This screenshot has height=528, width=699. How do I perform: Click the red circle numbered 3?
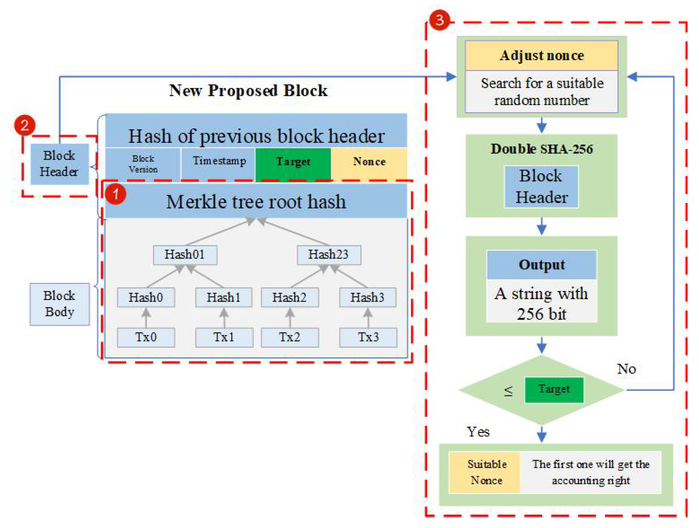click(x=440, y=20)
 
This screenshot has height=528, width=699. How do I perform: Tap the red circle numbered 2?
click(x=25, y=125)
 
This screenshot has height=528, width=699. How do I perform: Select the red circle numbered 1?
click(x=116, y=194)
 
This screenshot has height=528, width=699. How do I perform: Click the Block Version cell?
click(x=143, y=164)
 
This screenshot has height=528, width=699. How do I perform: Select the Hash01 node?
click(x=185, y=255)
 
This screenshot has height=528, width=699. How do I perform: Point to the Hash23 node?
click(x=329, y=255)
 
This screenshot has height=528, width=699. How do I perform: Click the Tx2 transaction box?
click(x=290, y=337)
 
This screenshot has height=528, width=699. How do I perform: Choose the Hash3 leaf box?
click(x=367, y=297)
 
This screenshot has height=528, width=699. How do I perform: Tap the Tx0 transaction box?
click(x=146, y=337)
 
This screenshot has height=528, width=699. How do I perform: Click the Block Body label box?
click(x=59, y=304)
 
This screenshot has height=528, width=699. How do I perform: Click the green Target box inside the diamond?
click(x=554, y=390)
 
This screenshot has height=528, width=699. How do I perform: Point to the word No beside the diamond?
click(x=626, y=369)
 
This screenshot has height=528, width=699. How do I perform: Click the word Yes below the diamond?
click(x=478, y=432)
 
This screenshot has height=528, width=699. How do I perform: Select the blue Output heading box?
click(x=541, y=265)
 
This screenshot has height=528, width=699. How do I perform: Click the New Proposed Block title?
click(x=248, y=91)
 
